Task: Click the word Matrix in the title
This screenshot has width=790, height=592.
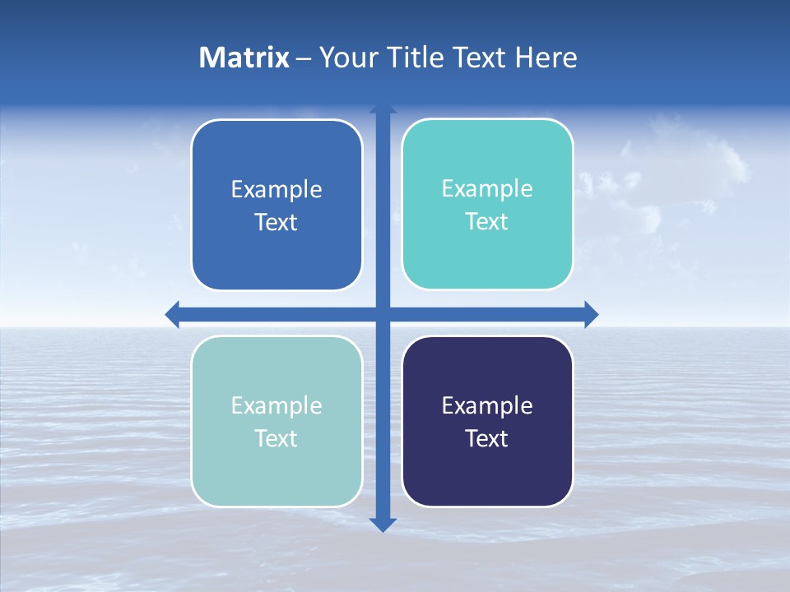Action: (x=244, y=58)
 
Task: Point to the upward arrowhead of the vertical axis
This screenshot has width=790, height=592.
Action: (x=383, y=109)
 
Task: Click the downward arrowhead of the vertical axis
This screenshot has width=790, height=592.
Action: (x=383, y=524)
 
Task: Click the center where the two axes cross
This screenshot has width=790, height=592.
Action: (x=383, y=314)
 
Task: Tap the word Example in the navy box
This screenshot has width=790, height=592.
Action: (x=487, y=405)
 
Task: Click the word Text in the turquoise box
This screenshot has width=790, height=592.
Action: (x=487, y=221)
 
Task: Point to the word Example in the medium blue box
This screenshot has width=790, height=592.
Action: (x=276, y=189)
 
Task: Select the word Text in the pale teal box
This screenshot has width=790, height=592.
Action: (x=276, y=438)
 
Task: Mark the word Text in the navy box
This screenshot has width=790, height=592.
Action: (x=487, y=438)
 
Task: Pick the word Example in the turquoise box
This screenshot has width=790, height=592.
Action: (x=487, y=188)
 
